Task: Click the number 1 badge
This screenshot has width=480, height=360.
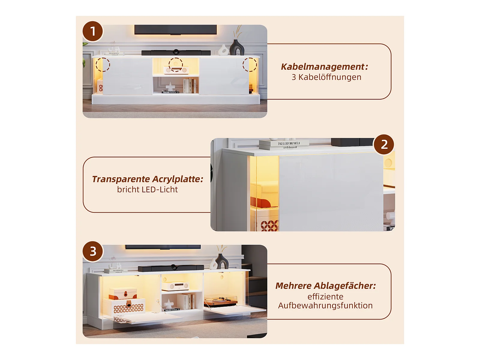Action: (x=93, y=31)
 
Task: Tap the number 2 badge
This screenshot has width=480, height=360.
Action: (x=384, y=145)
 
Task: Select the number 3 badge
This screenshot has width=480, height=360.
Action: (x=93, y=251)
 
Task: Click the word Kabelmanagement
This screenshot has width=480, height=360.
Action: (x=323, y=67)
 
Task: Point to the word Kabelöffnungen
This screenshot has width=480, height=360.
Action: (x=330, y=77)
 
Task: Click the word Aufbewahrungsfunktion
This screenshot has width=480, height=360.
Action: (x=325, y=305)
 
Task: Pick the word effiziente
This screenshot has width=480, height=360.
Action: (x=325, y=297)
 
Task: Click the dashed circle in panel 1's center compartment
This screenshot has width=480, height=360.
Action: (x=175, y=65)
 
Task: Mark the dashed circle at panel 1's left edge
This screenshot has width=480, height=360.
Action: (x=103, y=64)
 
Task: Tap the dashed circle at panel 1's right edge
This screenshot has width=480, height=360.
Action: (x=250, y=64)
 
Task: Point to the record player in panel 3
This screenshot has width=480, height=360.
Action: (x=220, y=301)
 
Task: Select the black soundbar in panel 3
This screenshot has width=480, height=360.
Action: (x=171, y=268)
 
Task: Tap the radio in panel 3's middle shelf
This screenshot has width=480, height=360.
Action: (x=175, y=286)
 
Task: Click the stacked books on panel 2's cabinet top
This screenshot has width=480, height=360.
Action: (x=284, y=145)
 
